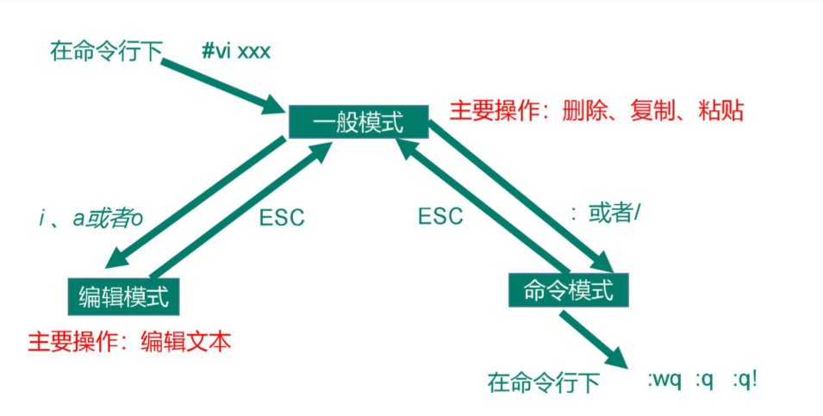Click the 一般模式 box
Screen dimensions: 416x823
pyautogui.click(x=358, y=122)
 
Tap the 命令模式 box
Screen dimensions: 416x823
pyautogui.click(x=569, y=291)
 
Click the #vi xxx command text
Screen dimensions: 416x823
pyautogui.click(x=235, y=52)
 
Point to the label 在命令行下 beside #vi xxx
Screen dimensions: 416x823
pyautogui.click(x=106, y=53)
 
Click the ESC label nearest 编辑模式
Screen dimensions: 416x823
pyautogui.click(x=282, y=218)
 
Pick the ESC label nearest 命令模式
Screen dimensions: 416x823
pyautogui.click(x=440, y=216)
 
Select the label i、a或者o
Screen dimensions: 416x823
pyautogui.click(x=90, y=219)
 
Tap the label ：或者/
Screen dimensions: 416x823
pyautogui.click(x=607, y=212)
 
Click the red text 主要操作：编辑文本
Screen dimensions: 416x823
pyautogui.click(x=130, y=341)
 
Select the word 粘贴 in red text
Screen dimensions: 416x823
pyautogui.click(x=720, y=111)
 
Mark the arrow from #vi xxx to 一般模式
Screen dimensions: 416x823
pyautogui.click(x=228, y=86)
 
